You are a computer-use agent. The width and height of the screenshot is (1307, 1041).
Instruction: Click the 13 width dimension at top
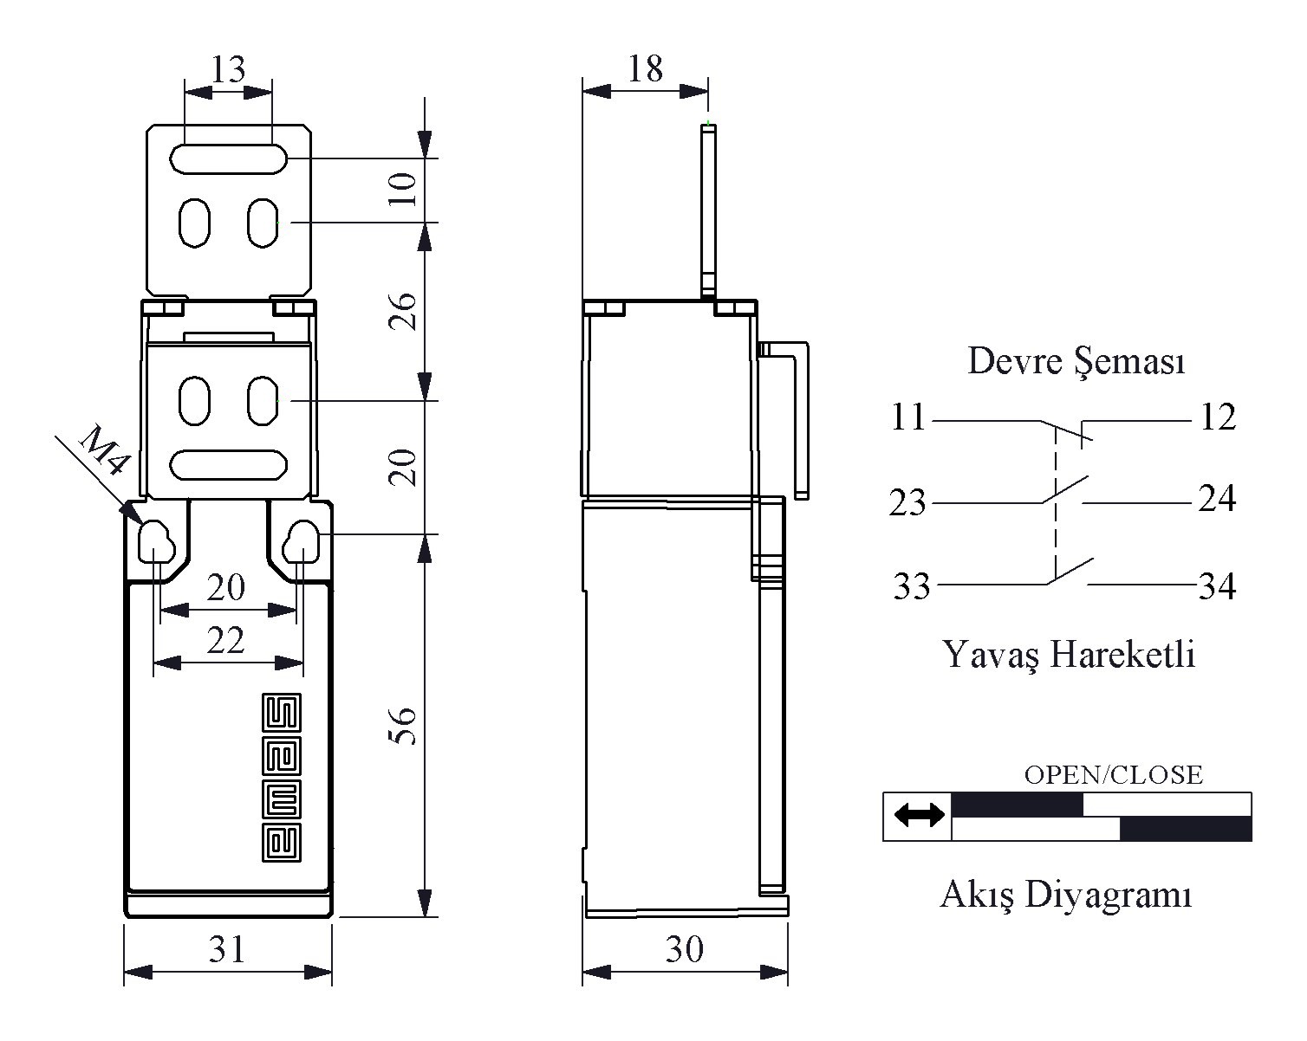(x=228, y=68)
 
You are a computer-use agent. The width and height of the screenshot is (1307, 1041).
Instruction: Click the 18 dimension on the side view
(x=645, y=68)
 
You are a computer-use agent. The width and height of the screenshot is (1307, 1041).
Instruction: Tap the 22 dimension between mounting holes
(x=225, y=640)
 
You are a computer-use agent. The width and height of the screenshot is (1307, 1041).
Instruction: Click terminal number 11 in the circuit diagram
(x=908, y=417)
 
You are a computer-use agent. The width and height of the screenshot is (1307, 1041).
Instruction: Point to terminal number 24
(x=1217, y=498)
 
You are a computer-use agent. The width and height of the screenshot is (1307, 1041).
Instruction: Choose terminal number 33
(x=912, y=586)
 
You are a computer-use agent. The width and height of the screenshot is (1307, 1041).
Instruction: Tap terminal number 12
(x=1219, y=417)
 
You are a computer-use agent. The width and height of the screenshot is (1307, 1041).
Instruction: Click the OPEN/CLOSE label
(x=1113, y=774)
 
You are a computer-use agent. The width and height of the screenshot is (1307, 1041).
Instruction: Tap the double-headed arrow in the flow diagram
(x=920, y=815)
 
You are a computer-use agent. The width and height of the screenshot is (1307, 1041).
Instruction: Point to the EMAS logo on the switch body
(x=281, y=778)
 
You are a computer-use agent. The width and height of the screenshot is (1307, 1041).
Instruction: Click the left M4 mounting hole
(x=156, y=541)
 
